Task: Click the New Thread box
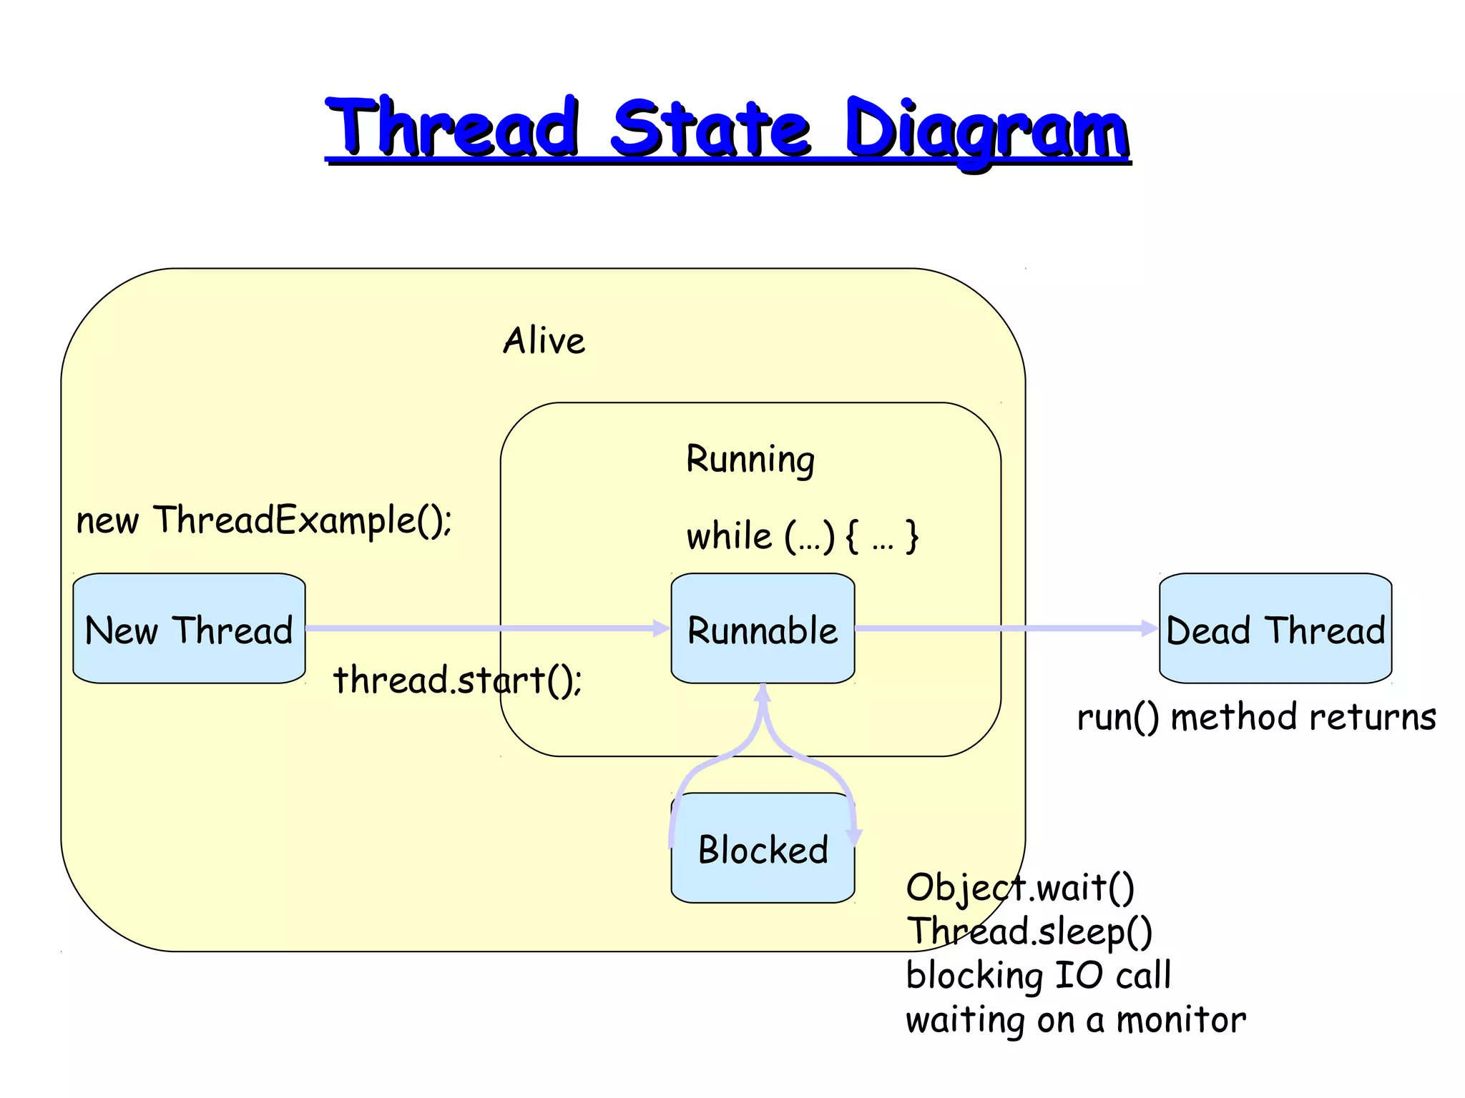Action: tap(189, 628)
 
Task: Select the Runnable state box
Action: tap(763, 628)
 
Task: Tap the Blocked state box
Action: tap(763, 849)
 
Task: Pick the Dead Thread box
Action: tap(1275, 628)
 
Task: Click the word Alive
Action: tap(544, 340)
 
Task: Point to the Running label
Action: tap(750, 459)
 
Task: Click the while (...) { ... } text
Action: tap(802, 536)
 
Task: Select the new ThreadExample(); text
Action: tap(264, 520)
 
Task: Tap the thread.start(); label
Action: tap(458, 679)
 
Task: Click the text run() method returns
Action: tap(1256, 717)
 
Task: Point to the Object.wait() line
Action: tap(1020, 888)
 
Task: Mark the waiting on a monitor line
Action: tap(1075, 1020)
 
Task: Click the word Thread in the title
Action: tap(453, 129)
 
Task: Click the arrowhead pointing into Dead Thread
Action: tap(1150, 628)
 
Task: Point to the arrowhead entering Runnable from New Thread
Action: tap(662, 628)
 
